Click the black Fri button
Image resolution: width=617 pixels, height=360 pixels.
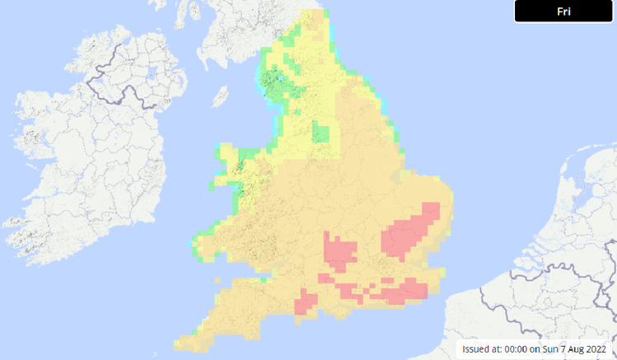pos(564,12)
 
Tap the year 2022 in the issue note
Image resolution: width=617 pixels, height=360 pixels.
pos(596,348)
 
